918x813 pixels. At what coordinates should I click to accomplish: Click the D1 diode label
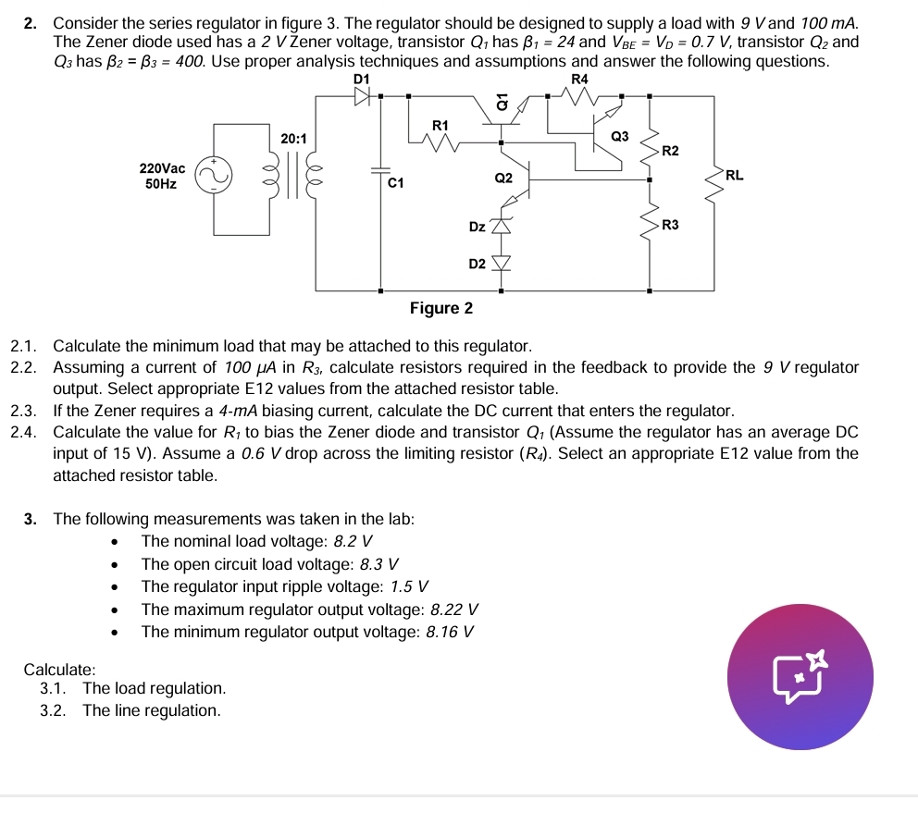362,80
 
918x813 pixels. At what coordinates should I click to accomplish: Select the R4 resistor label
579,80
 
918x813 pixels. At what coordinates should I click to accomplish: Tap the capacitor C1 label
396,183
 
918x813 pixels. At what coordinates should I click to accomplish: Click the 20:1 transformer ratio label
294,137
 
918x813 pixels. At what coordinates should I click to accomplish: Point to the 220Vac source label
162,168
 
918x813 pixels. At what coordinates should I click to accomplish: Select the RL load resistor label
734,174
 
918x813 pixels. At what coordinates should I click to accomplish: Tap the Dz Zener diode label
477,226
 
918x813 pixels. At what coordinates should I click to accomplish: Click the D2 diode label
477,265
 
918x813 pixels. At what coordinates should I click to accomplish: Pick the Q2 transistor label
503,177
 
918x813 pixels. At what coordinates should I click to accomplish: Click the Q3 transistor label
620,136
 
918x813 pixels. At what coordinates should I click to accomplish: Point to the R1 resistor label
440,124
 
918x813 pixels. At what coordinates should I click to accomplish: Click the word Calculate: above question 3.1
59,668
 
